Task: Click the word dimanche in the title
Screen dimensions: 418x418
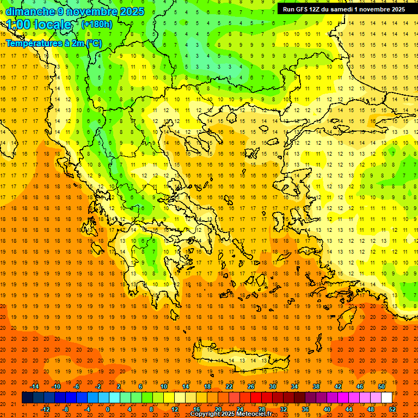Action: (30, 11)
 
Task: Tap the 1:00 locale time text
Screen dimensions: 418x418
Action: (39, 24)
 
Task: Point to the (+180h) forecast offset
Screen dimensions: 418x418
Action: (97, 24)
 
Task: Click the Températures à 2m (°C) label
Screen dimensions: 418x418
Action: (53, 43)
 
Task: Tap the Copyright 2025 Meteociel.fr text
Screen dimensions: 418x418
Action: (231, 414)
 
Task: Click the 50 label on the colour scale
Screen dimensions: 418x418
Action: (382, 386)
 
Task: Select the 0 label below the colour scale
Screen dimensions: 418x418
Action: (108, 409)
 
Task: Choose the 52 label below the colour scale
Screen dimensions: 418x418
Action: (392, 409)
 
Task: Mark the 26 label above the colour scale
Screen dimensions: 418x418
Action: (251, 386)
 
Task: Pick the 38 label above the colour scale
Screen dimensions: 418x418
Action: (316, 386)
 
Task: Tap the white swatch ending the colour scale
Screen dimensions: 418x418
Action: (386, 398)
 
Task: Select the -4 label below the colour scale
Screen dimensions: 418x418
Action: (87, 409)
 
